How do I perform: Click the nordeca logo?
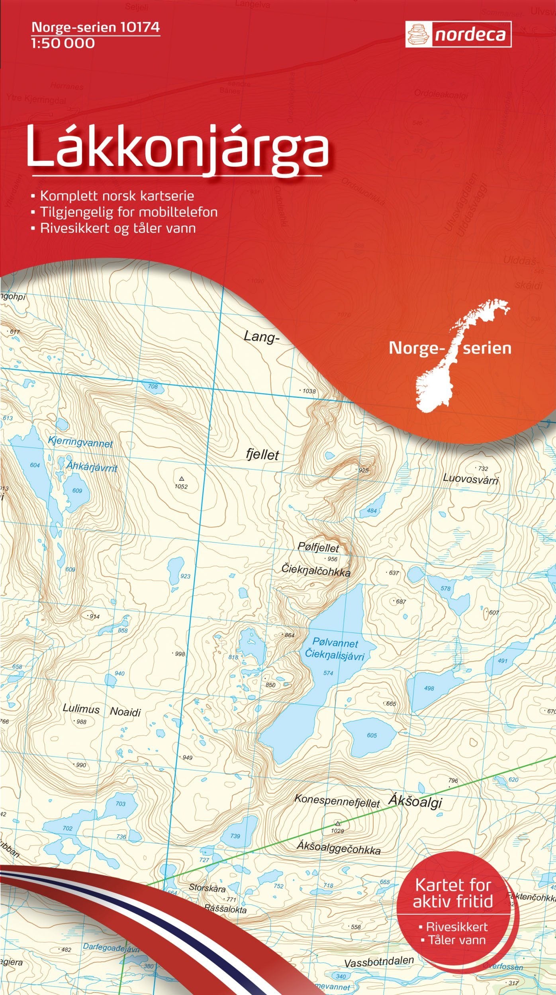click(x=458, y=35)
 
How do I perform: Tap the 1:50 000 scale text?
click(x=63, y=43)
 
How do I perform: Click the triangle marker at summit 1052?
click(x=182, y=478)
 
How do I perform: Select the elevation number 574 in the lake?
click(x=328, y=673)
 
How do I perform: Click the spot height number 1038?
click(x=309, y=391)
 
